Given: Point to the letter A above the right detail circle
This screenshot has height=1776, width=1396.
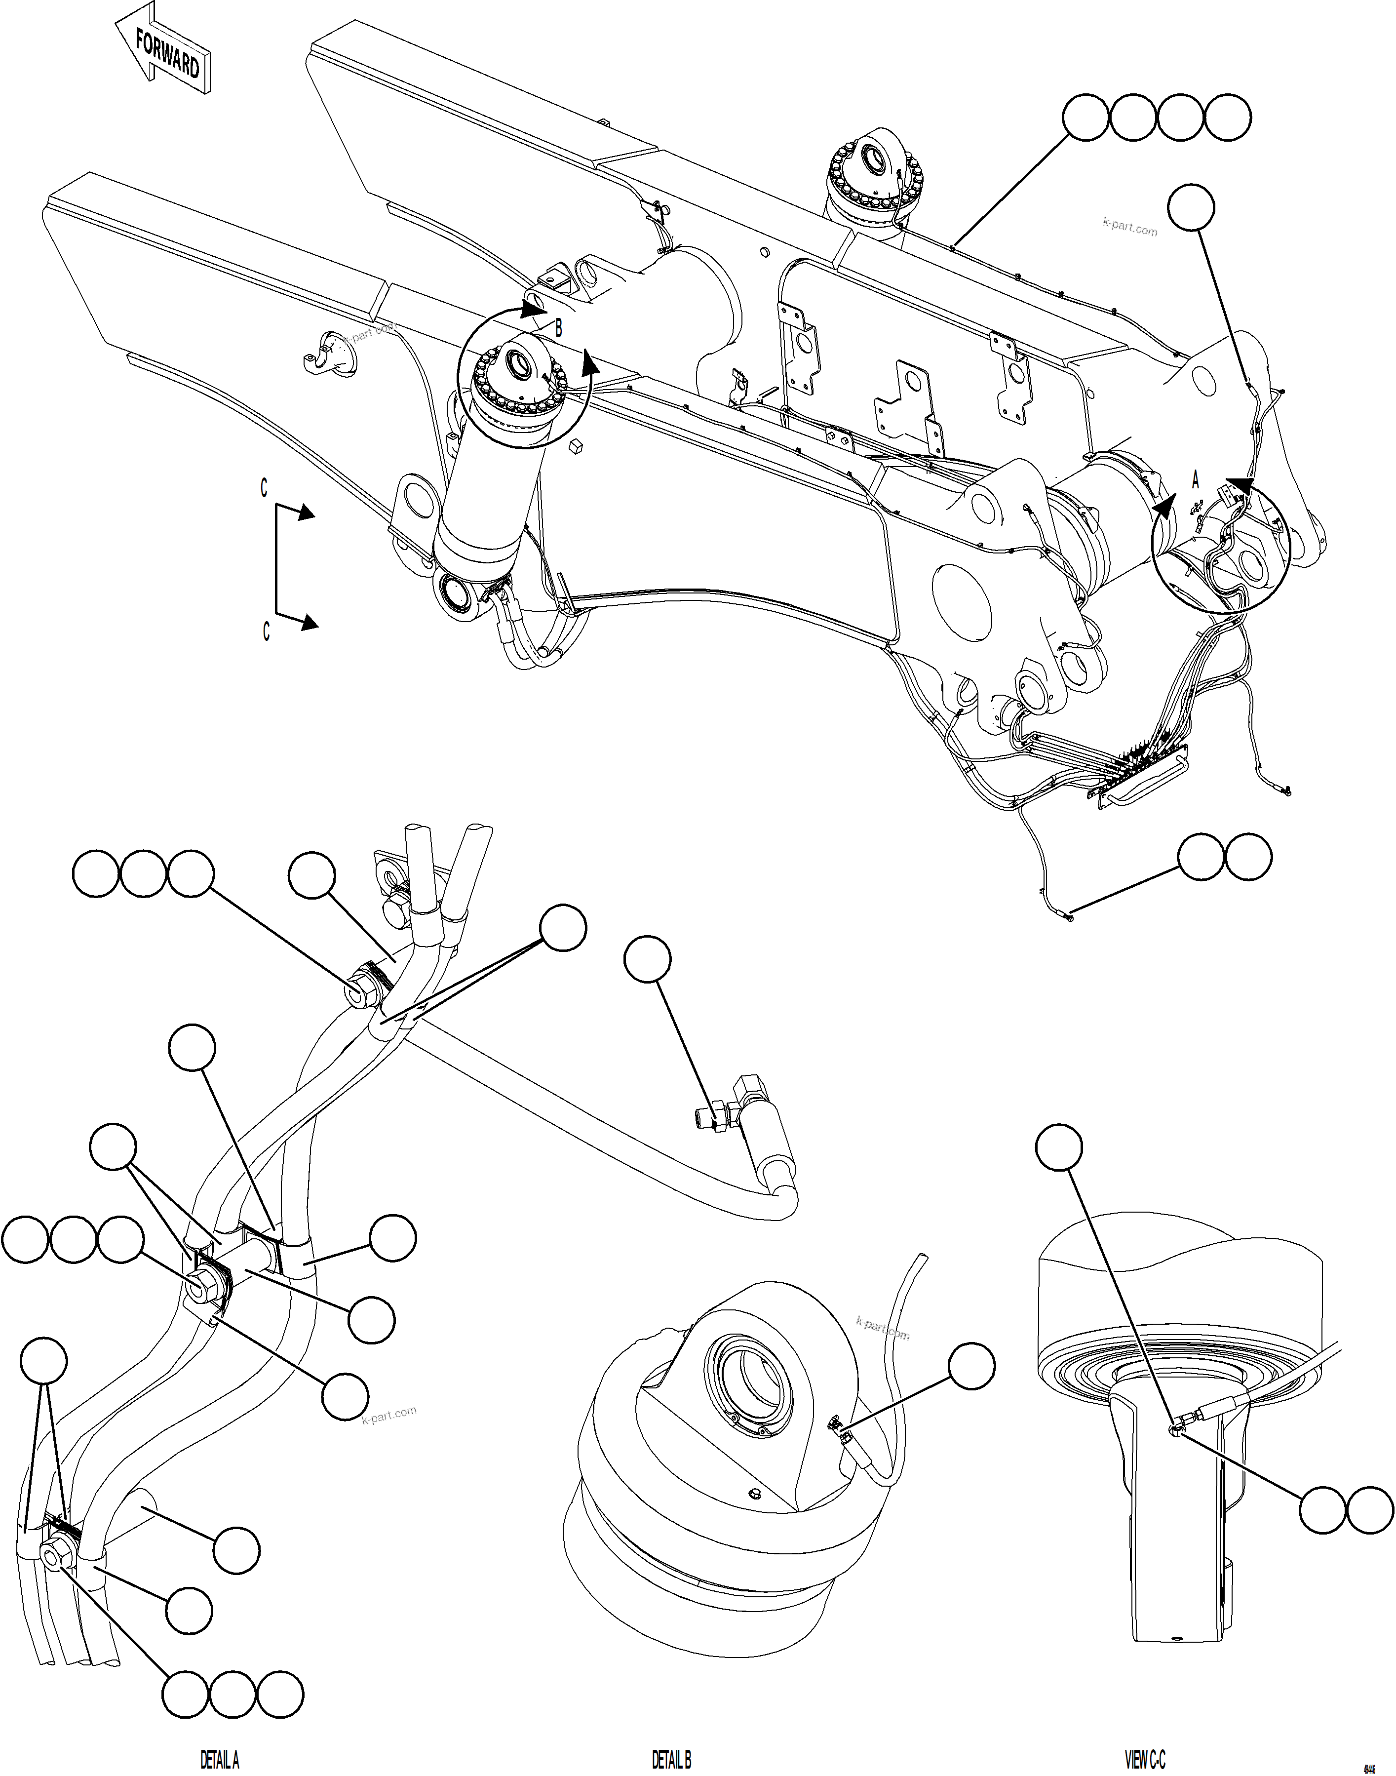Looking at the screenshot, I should point(1195,480).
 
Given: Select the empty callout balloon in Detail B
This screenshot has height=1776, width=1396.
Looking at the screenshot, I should point(972,1365).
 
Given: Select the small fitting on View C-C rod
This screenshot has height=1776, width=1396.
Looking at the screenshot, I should point(1175,1427).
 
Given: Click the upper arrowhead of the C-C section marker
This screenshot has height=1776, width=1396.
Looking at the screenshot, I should point(307,513).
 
